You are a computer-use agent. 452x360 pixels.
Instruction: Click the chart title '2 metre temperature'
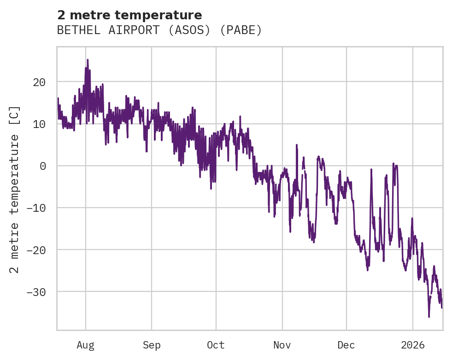tap(129, 15)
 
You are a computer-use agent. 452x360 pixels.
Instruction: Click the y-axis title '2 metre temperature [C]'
tap(15, 189)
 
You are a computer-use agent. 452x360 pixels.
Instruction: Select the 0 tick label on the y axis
tap(43, 166)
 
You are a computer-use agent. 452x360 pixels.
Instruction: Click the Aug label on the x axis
tap(86, 345)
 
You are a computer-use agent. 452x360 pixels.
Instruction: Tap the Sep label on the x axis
tap(152, 345)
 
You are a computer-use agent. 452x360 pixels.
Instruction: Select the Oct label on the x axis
tap(216, 345)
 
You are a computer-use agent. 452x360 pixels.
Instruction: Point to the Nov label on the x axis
tap(282, 345)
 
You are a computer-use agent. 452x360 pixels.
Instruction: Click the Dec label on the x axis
tap(346, 345)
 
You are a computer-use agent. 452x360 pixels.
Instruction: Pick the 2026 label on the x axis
tap(413, 345)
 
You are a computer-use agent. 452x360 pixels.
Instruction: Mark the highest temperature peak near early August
tap(88, 59)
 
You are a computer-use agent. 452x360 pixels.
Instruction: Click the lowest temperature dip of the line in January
tap(429, 317)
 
